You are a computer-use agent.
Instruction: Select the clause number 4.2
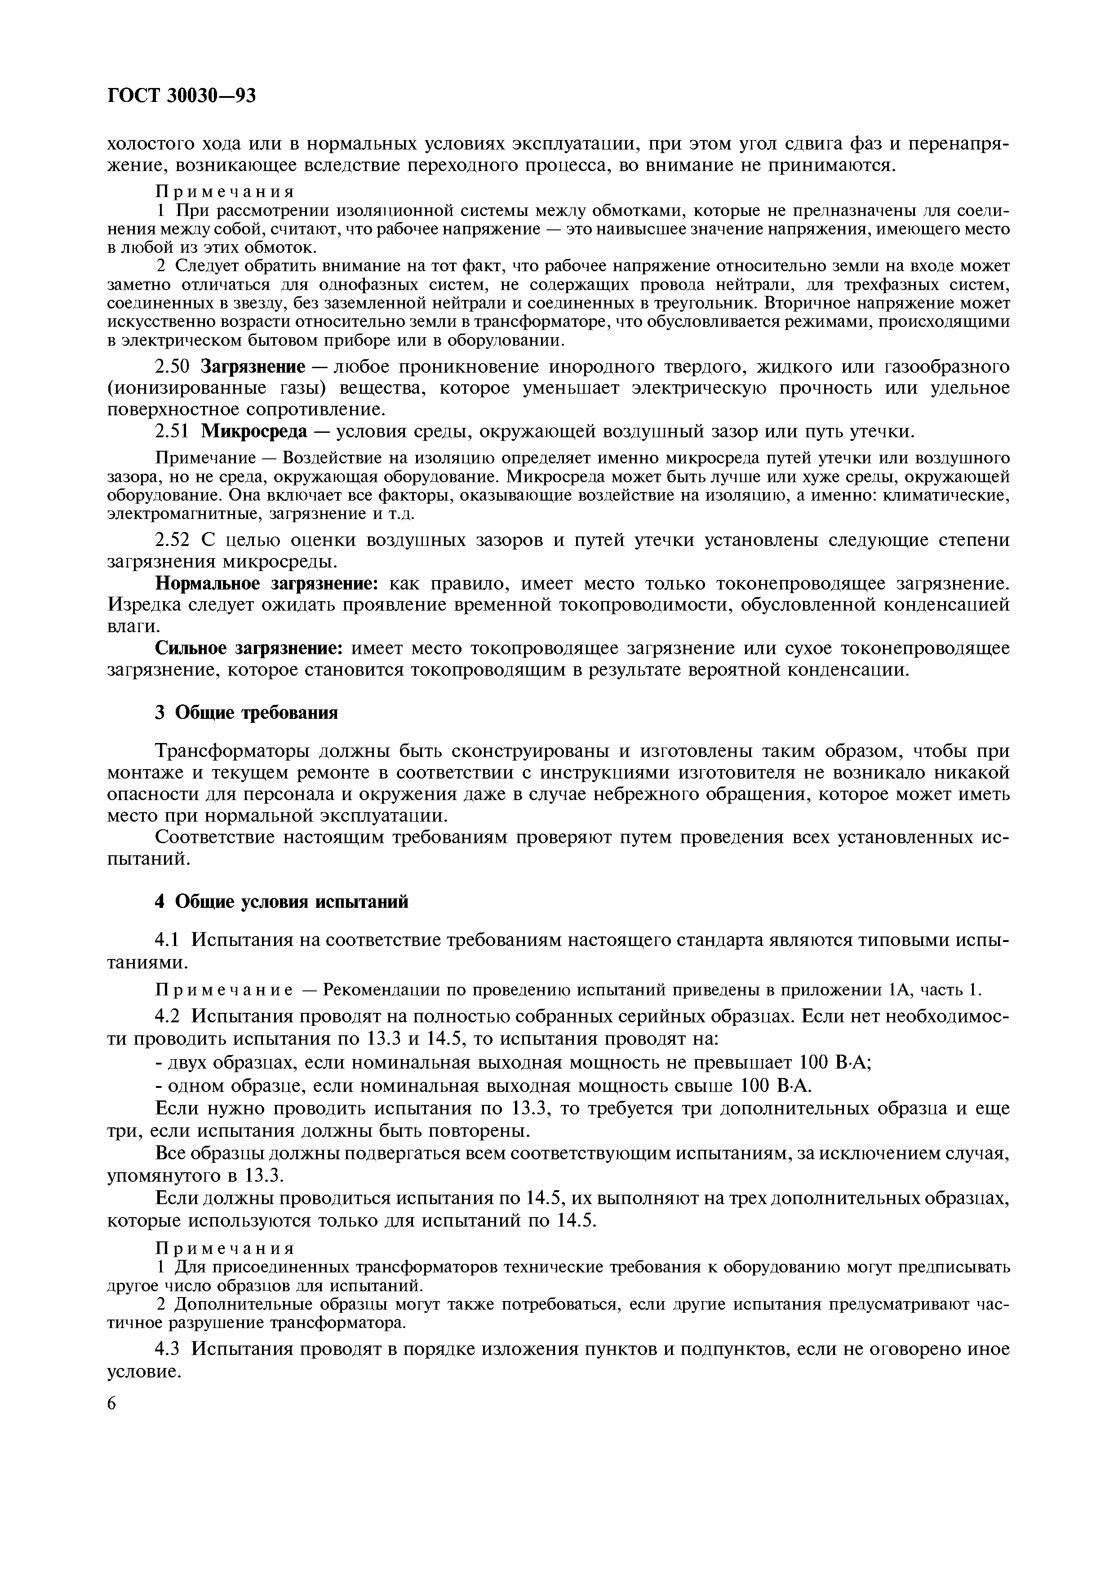click(x=168, y=1015)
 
